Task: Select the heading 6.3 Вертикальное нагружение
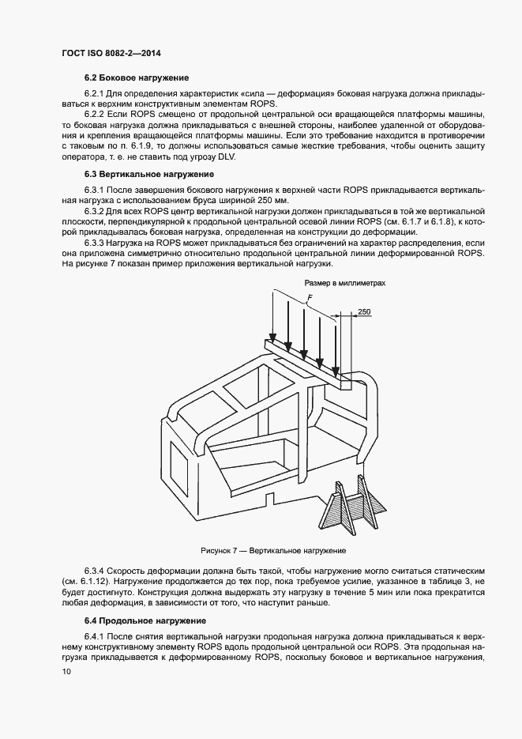click(148, 173)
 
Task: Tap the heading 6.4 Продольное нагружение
click(145, 620)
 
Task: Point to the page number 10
click(66, 672)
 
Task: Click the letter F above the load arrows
click(310, 297)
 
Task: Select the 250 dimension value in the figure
click(364, 312)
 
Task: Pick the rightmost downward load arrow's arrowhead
click(337, 371)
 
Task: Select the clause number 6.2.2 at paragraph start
click(97, 114)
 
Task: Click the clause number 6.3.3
click(97, 243)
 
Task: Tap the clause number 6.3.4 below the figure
click(97, 570)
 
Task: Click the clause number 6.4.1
click(97, 637)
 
